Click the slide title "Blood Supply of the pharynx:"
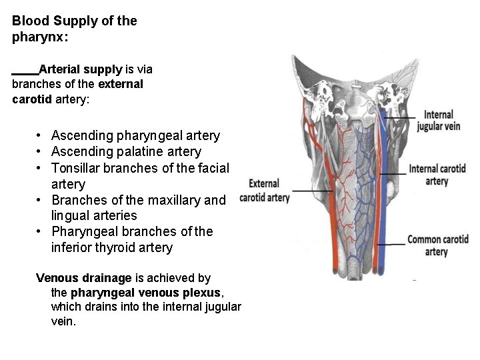[74, 29]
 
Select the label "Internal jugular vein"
[438, 121]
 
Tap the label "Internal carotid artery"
[437, 175]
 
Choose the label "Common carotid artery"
[437, 245]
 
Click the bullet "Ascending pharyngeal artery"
[135, 136]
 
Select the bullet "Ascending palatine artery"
[126, 152]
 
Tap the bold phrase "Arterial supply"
[81, 69]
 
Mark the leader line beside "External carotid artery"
[312, 191]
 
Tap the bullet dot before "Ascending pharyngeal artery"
[41, 136]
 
